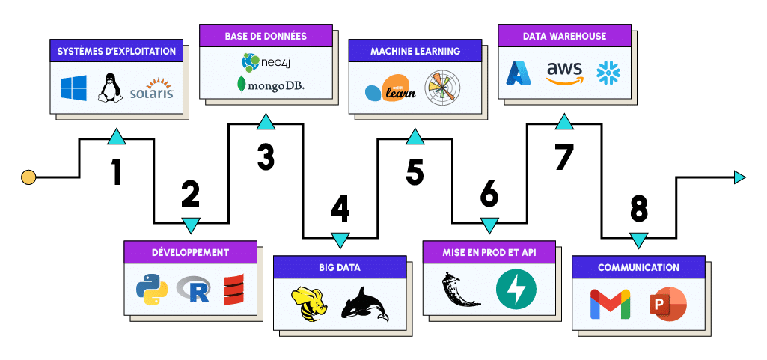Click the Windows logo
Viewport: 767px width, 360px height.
tap(73, 87)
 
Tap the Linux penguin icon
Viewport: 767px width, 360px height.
tap(111, 87)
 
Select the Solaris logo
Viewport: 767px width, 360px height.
tap(151, 88)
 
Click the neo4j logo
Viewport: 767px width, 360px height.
tap(268, 60)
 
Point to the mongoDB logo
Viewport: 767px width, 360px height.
tap(271, 85)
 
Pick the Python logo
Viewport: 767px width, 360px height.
tap(152, 290)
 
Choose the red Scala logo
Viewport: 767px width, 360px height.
tap(234, 290)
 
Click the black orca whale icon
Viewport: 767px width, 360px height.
tap(364, 305)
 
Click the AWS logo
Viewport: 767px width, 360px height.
tap(564, 73)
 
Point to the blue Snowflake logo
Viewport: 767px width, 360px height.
tap(608, 72)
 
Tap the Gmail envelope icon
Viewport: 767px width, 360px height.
tap(610, 304)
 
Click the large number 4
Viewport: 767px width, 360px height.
tap(340, 210)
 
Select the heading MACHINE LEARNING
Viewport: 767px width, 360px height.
tap(415, 52)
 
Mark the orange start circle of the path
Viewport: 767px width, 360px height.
tap(28, 177)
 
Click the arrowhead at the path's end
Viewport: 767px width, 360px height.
tap(739, 177)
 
